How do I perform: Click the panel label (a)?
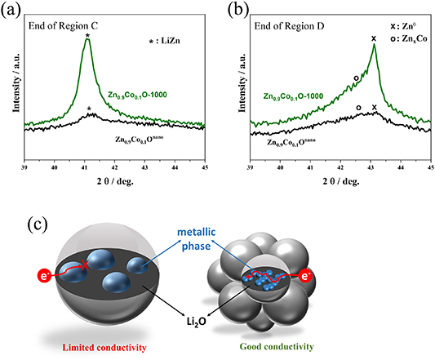pos(14,9)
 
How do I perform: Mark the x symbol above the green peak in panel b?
pos(374,38)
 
